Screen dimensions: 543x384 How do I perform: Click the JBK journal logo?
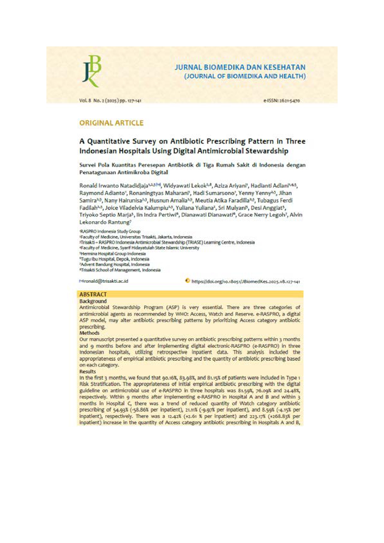92,71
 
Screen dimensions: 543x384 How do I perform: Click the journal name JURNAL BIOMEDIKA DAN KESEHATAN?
240,67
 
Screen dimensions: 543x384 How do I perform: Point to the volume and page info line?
110,101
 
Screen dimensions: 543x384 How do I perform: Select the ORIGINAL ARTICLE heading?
111,123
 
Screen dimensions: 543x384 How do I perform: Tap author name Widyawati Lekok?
184,186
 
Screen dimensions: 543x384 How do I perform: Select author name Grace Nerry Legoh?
261,215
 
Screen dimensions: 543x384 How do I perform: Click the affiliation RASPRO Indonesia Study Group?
110,231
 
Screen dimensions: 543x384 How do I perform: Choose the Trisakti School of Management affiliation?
120,270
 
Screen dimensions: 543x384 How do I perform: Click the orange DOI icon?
187,281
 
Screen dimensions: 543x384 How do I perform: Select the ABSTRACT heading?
93,294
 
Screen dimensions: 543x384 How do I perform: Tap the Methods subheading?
89,333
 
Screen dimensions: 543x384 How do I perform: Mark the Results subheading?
88,371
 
